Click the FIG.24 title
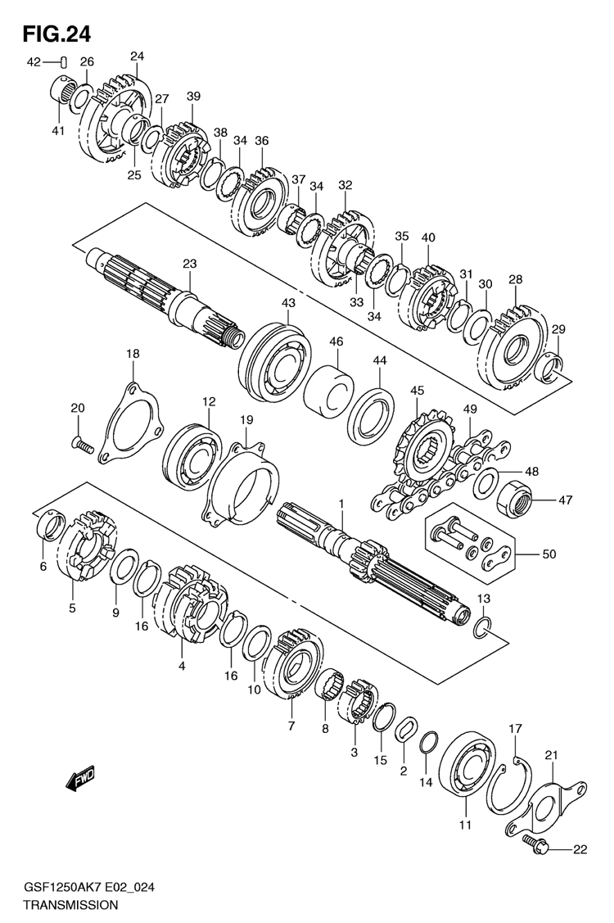[x=57, y=34]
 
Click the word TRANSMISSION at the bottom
[x=70, y=905]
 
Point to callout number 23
[x=190, y=264]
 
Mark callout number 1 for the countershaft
[x=341, y=504]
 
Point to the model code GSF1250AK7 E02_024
[x=88, y=889]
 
